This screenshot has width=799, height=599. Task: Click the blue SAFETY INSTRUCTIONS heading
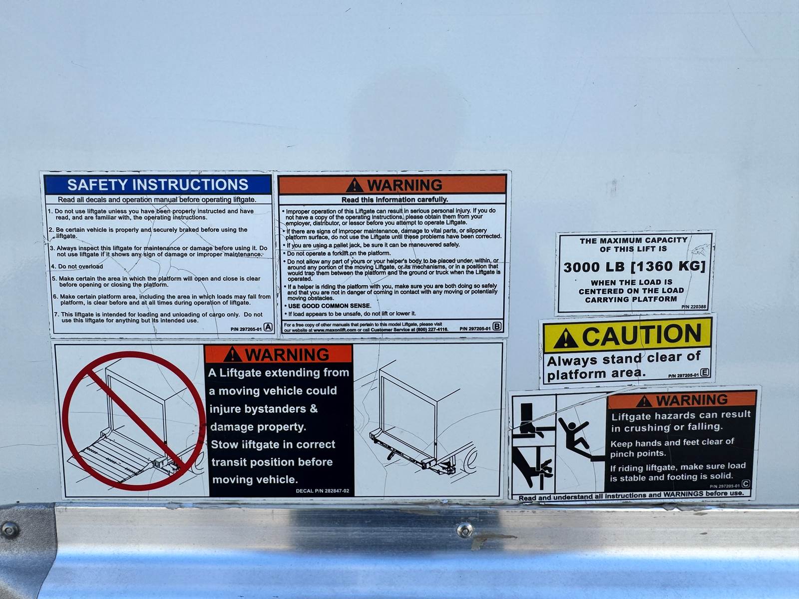point(158,185)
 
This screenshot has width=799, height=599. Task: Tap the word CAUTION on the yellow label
point(642,334)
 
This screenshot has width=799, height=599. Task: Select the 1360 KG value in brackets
point(668,266)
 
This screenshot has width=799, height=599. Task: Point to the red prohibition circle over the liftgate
point(134,421)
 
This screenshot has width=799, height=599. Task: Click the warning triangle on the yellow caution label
point(565,338)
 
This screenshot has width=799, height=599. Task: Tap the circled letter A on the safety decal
point(268,327)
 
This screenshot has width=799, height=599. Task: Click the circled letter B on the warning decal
point(497,326)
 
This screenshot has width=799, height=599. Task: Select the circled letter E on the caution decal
point(705,372)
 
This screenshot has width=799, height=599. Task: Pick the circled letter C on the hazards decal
point(746,483)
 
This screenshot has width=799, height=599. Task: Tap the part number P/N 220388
point(694,306)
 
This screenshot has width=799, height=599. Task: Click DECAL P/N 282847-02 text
point(323,491)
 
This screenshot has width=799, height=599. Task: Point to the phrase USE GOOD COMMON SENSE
point(330,306)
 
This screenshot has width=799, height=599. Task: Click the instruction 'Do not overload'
point(80,266)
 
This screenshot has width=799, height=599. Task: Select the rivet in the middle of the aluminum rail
point(465,530)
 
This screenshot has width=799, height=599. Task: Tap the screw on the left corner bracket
point(9,530)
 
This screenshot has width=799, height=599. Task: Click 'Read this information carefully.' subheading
point(395,200)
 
